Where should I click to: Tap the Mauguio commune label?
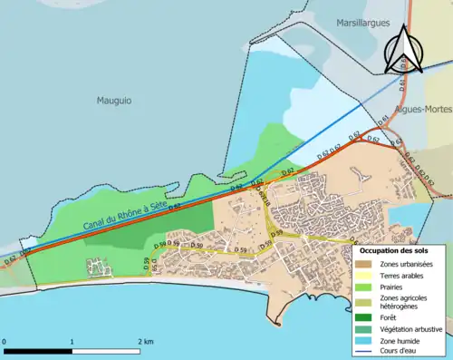[116, 102]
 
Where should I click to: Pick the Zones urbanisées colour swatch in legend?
[366, 263]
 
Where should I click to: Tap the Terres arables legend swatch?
[366, 275]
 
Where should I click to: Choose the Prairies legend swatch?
[366, 287]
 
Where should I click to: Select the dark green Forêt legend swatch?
[366, 317]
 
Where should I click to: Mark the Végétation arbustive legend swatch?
[366, 329]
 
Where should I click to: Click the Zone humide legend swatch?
[366, 341]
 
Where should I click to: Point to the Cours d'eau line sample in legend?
[366, 353]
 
